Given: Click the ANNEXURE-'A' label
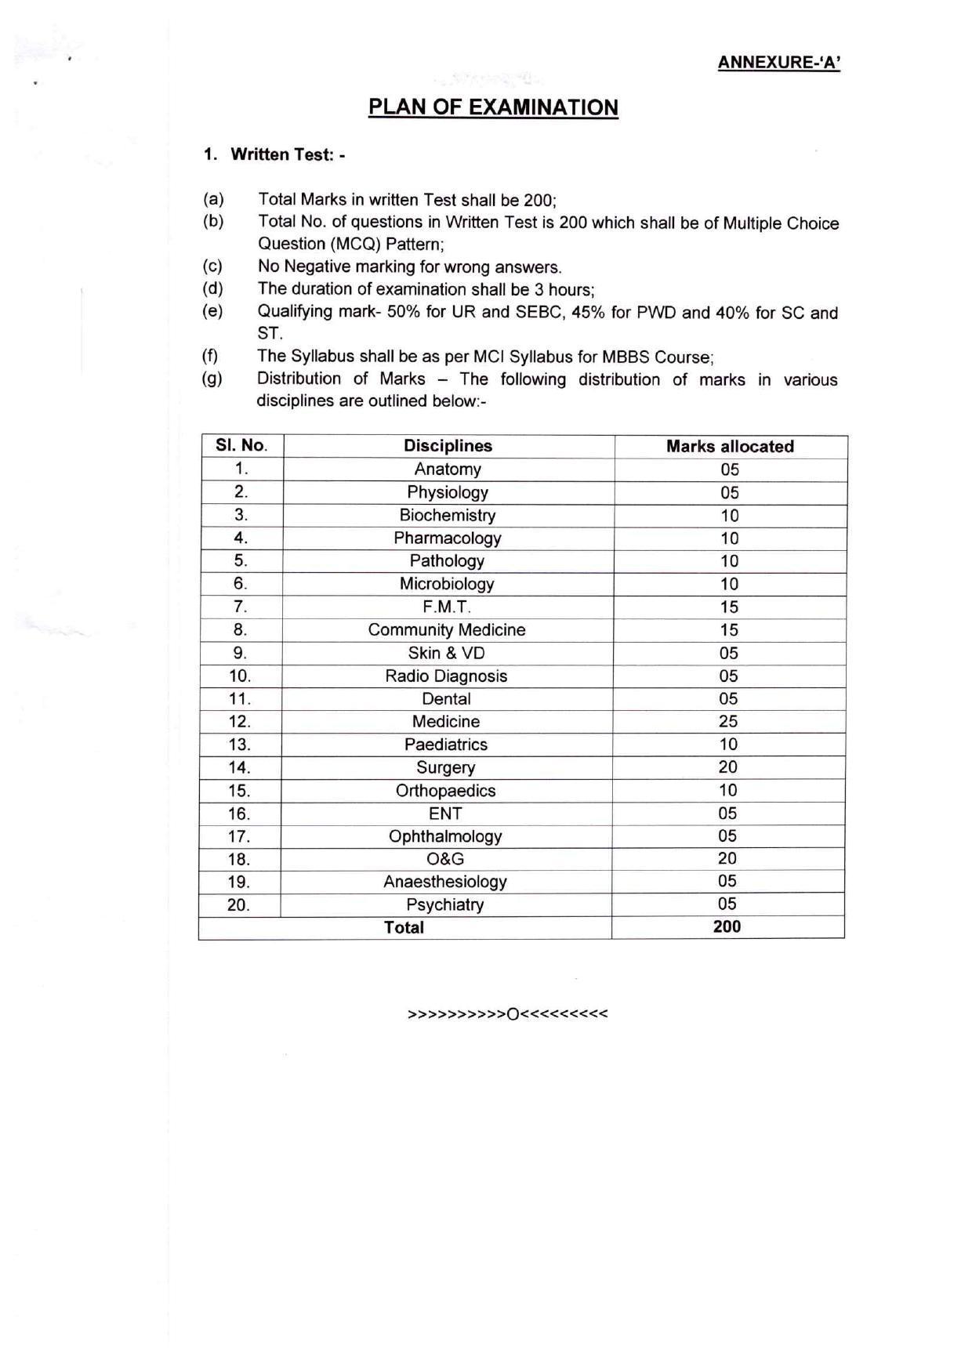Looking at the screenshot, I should click(x=778, y=63).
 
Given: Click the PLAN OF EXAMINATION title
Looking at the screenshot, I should click(x=493, y=107).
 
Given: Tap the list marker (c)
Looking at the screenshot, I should click(x=212, y=266).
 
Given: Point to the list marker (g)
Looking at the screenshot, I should click(x=212, y=379).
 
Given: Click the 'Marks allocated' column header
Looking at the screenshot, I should click(x=730, y=447).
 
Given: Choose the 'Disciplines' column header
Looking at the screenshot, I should click(x=448, y=446).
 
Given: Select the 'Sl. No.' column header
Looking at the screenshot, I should click(x=241, y=446).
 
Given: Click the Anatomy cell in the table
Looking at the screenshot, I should click(x=448, y=469).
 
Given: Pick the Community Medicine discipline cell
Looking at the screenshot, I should click(x=447, y=630).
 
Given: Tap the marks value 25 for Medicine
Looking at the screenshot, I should click(x=728, y=722).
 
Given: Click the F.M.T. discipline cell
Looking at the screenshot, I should click(x=447, y=607).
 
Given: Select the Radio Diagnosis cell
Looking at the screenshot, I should click(x=446, y=676).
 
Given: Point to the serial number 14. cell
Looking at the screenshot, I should click(x=239, y=767).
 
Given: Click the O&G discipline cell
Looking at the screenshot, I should click(x=445, y=859).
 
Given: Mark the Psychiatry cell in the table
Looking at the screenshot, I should click(x=444, y=905).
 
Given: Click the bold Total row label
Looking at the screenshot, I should click(x=404, y=928).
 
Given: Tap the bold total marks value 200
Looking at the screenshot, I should click(x=727, y=927).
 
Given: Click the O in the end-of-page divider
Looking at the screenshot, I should click(x=513, y=1014).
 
